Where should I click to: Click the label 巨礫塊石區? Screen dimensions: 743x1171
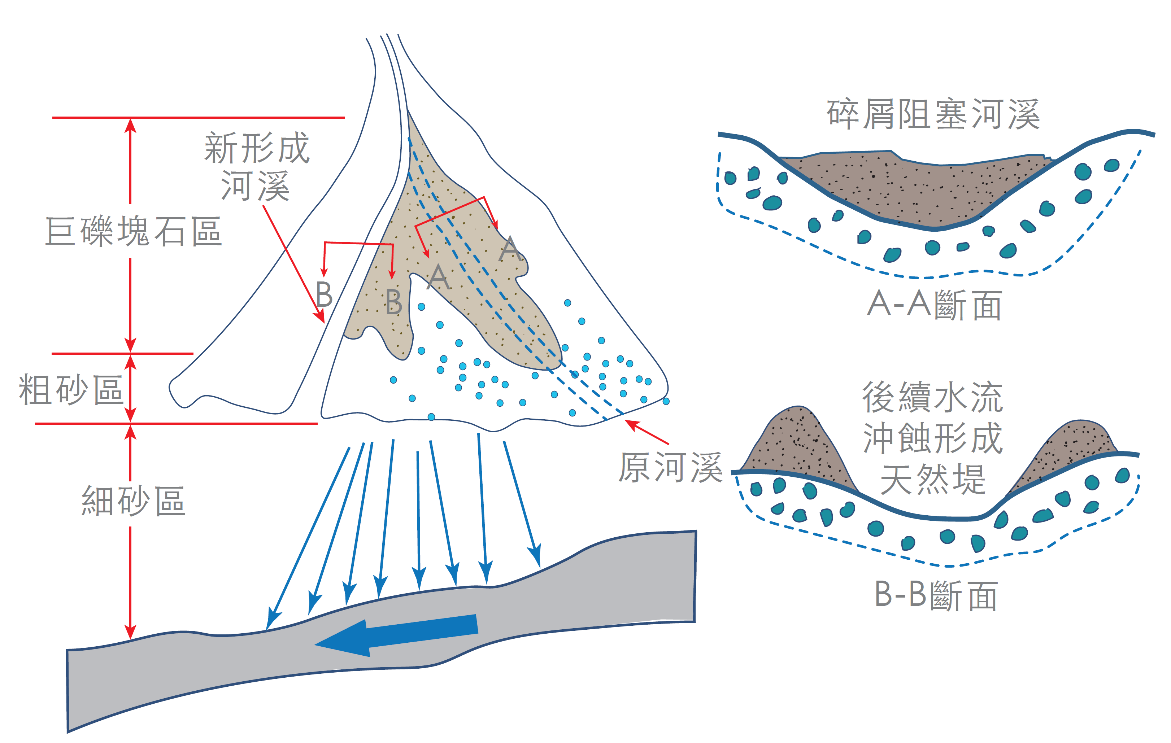pyautogui.click(x=134, y=231)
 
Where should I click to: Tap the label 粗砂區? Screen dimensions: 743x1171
pyautogui.click(x=70, y=390)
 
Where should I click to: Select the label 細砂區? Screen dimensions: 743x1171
pyautogui.click(x=133, y=501)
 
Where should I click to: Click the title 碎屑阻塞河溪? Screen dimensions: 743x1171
pyautogui.click(x=933, y=114)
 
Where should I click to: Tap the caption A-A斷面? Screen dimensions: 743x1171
pyautogui.click(x=934, y=305)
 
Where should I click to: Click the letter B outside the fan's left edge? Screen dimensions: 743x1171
pyautogui.click(x=324, y=294)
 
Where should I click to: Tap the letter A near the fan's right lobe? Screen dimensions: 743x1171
pyautogui.click(x=509, y=249)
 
